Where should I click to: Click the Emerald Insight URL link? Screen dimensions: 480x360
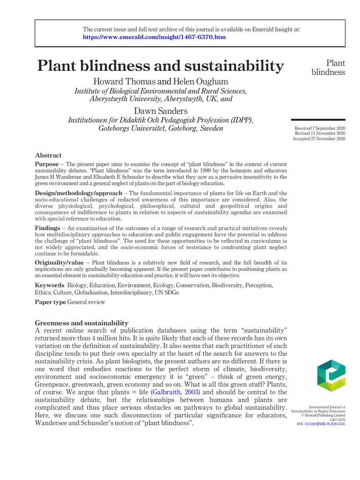[x=154, y=37]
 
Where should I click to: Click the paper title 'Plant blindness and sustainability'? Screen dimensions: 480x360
[x=161, y=66]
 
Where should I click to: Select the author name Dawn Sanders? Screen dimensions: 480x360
[x=161, y=111]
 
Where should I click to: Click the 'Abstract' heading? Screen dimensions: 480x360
[x=48, y=155]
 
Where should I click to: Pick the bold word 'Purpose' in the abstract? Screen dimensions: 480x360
[x=47, y=164]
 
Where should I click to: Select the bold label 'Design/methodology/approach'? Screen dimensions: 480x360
[x=78, y=193]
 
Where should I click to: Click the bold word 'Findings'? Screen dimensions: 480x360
[x=47, y=228]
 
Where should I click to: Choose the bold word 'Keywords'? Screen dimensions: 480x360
[x=50, y=285]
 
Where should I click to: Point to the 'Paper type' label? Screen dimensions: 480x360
[x=51, y=302]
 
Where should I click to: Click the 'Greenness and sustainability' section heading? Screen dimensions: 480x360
[x=82, y=323]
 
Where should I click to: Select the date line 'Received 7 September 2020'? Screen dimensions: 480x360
[x=320, y=128]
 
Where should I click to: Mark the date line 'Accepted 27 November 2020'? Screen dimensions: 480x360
[x=319, y=139]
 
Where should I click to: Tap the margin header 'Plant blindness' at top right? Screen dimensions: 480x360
[x=328, y=67]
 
